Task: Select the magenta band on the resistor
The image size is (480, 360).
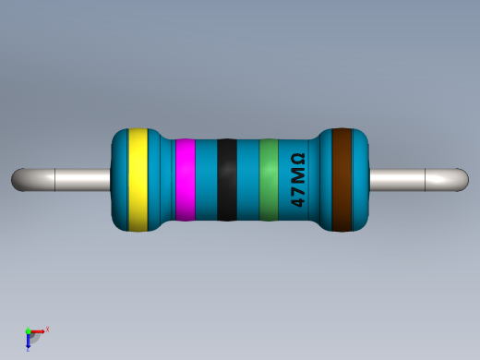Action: pos(185,180)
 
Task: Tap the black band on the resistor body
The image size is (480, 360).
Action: pos(227,180)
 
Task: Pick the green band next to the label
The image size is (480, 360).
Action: pos(269,180)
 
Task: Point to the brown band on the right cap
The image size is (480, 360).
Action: pos(343,180)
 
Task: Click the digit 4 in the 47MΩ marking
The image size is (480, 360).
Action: pos(297,198)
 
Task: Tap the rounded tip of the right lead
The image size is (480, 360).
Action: pos(462,179)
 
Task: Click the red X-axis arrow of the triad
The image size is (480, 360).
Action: pos(39,330)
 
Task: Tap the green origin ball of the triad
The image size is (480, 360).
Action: pos(29,330)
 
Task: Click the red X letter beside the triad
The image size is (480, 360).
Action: pos(47,329)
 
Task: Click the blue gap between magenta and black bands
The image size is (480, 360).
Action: pos(206,180)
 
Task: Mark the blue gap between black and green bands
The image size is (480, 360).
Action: pos(248,180)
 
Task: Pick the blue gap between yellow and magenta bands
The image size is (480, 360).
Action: pos(162,180)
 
